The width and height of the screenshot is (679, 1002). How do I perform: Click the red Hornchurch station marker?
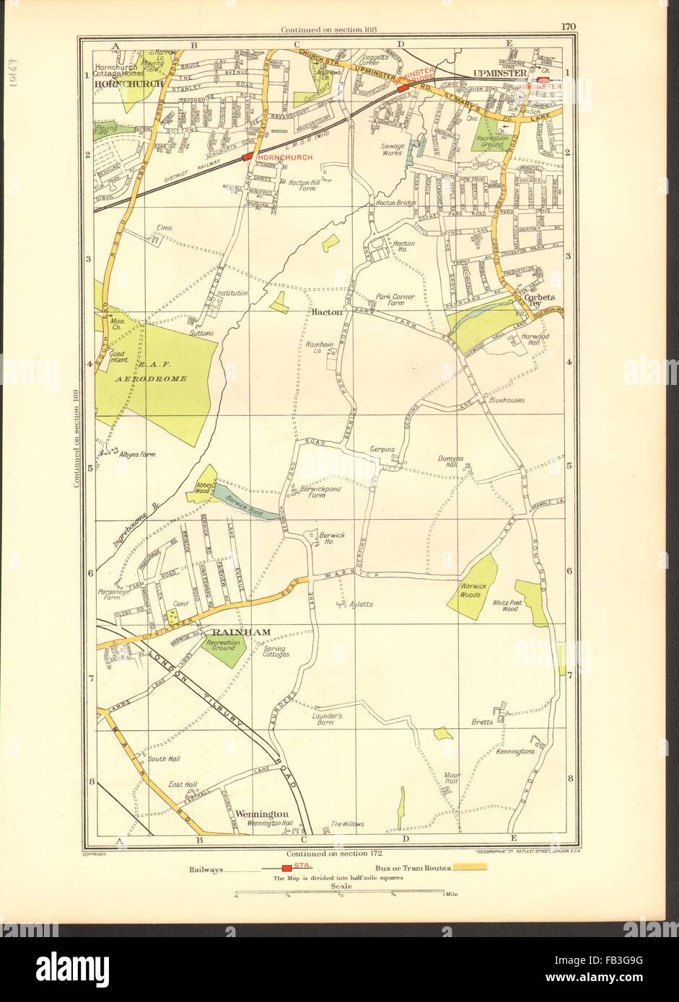tap(247, 156)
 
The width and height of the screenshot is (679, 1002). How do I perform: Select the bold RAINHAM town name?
tap(247, 632)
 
